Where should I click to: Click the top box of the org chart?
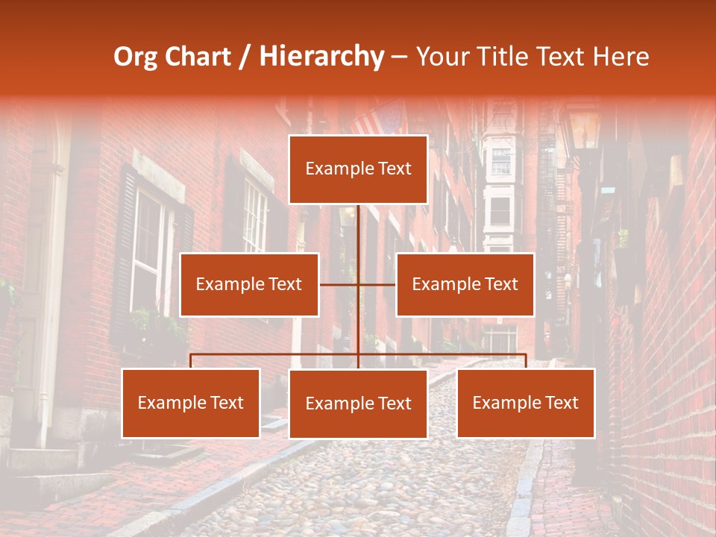pos(358,169)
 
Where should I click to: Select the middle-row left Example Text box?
pos(249,284)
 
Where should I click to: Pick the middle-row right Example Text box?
pos(465,284)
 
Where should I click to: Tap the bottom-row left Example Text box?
pos(191,403)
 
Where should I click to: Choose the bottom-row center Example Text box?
pos(358,403)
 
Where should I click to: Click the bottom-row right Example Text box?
pos(526,403)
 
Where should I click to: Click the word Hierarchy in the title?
pos(321,57)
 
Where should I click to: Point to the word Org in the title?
pos(135,57)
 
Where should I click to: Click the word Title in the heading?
pos(505,57)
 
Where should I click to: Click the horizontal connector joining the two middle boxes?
pos(357,284)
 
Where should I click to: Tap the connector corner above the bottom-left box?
pos(191,354)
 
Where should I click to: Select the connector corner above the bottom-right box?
pos(526,354)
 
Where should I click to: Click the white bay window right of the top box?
pos(500,186)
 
